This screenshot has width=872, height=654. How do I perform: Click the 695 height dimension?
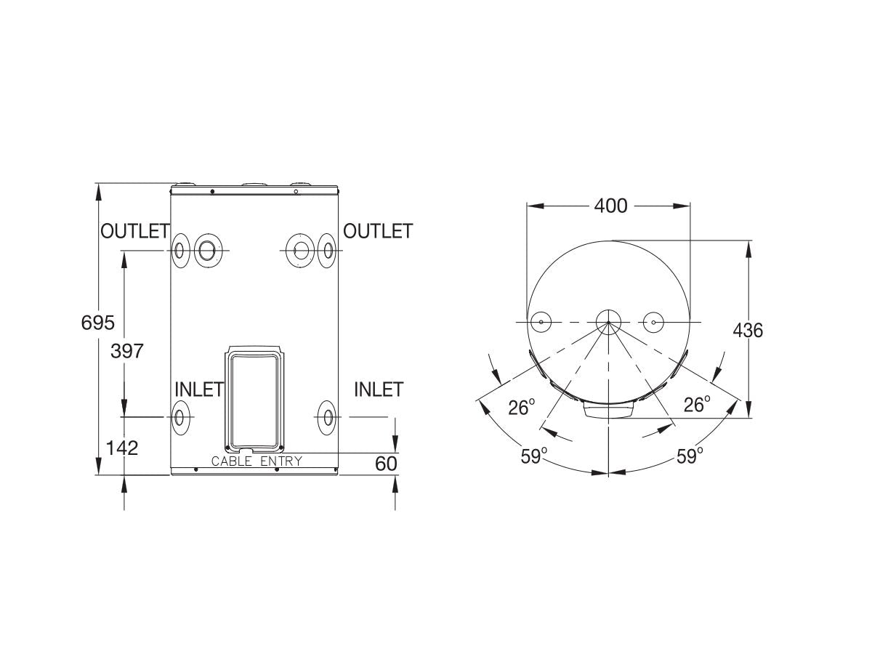click(98, 322)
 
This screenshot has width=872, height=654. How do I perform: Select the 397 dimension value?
click(127, 351)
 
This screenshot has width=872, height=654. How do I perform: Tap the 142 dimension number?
click(121, 448)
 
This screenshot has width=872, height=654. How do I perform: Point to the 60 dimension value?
click(387, 463)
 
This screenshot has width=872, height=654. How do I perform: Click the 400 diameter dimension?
click(610, 206)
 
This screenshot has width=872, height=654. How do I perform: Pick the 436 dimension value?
click(748, 331)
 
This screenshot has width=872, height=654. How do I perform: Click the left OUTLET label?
click(134, 231)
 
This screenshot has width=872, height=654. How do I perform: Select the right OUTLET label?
click(377, 231)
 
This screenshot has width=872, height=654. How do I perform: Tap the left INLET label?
click(198, 389)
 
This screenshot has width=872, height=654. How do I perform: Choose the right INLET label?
click(378, 389)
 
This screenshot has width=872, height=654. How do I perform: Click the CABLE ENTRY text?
click(256, 461)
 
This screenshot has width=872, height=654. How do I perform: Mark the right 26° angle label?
click(696, 405)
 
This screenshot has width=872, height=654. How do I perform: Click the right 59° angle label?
click(690, 456)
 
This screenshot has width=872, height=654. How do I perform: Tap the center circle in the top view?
click(608, 322)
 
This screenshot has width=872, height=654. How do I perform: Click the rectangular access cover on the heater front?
click(254, 397)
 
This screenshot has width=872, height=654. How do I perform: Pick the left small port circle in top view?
click(541, 322)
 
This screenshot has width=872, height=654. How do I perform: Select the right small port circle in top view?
click(654, 322)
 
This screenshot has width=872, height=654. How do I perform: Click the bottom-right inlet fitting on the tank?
click(328, 417)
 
